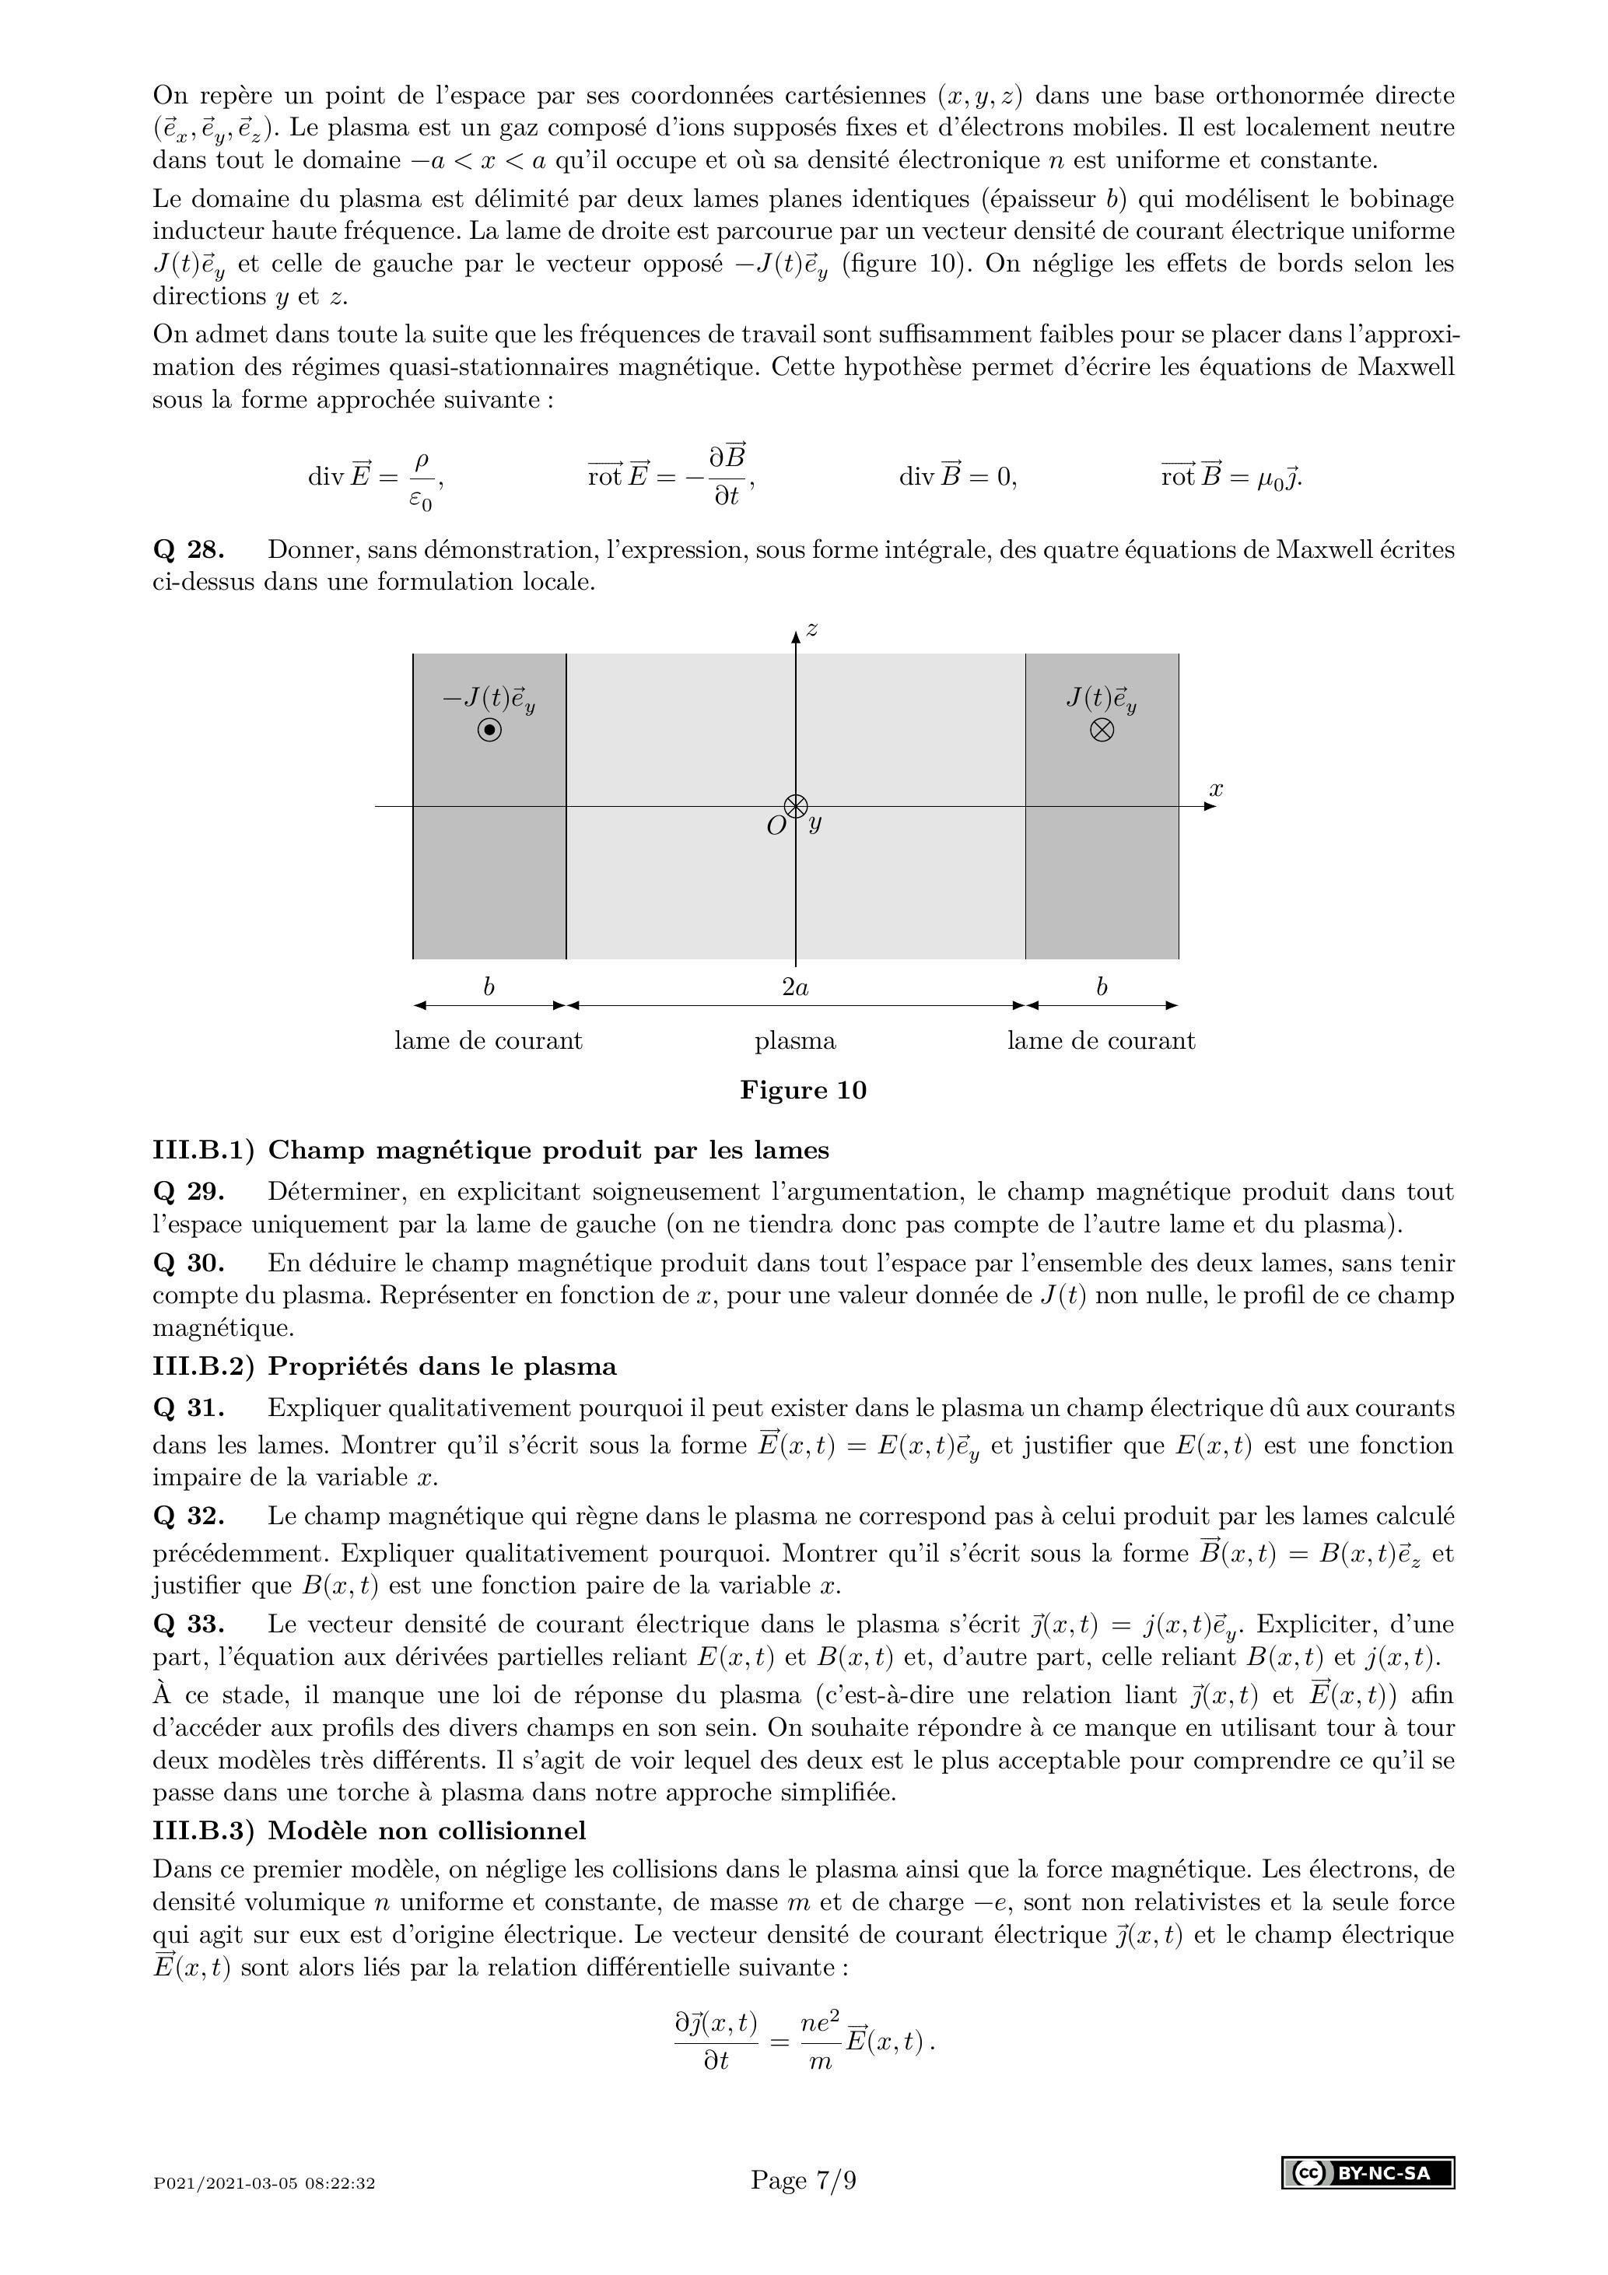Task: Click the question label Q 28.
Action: tap(188, 550)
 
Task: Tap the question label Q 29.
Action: tap(188, 1192)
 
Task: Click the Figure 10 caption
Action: tap(803, 1091)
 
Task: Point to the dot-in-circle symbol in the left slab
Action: tap(489, 731)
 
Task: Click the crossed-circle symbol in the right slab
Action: tap(1102, 731)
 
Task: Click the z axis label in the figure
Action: tap(811, 629)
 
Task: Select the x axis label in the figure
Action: tap(1217, 789)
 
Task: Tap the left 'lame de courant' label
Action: tap(489, 1041)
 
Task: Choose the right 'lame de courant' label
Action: tap(1101, 1041)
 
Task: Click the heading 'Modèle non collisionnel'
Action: tap(426, 1830)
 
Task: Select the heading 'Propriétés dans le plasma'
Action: tap(442, 1366)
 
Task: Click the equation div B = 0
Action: tap(957, 477)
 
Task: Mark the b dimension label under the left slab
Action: tap(489, 987)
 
